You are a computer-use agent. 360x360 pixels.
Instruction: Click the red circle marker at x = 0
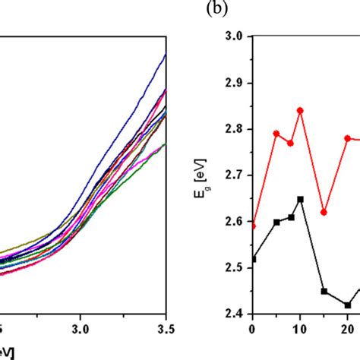click(x=252, y=226)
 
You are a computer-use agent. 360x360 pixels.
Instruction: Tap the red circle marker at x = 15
click(x=324, y=212)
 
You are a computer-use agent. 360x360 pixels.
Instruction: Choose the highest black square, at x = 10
click(x=300, y=199)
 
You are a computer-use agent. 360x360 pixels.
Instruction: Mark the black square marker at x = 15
click(x=324, y=291)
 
